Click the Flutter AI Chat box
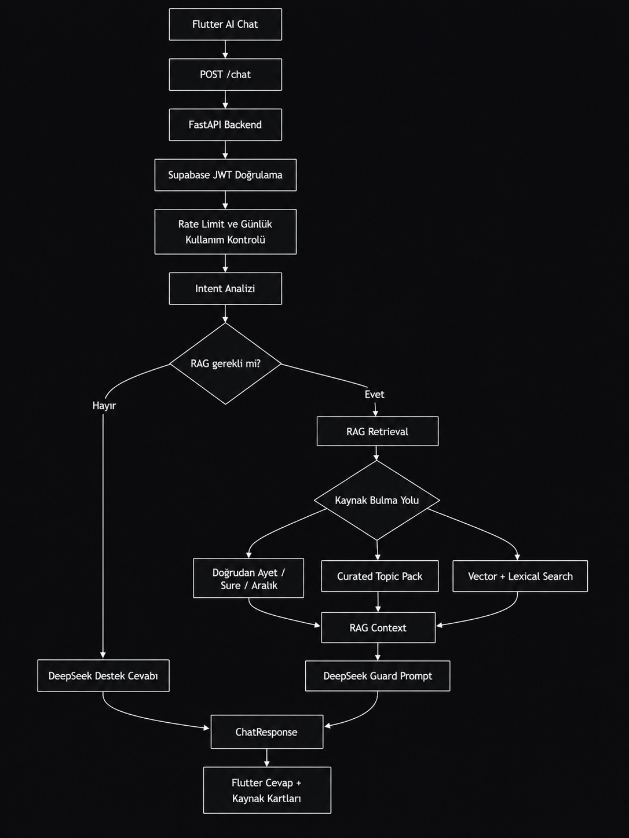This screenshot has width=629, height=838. tap(225, 24)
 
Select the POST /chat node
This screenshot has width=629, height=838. tap(225, 75)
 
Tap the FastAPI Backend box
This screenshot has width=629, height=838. tap(225, 125)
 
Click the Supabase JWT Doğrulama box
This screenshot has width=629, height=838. tap(225, 175)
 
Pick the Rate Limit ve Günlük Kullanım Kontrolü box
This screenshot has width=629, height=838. tap(225, 231)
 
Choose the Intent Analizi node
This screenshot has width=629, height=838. tap(225, 289)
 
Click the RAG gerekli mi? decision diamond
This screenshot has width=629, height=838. tap(225, 363)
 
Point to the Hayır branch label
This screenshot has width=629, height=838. tap(104, 406)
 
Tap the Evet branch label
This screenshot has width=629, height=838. tap(374, 394)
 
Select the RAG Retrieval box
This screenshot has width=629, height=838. tap(377, 431)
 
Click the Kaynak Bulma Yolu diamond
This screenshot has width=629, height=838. tap(377, 500)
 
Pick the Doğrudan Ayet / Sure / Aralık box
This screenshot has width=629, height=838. tap(248, 578)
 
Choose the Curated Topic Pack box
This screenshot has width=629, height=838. tap(379, 576)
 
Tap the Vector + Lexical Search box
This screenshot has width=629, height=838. tap(520, 576)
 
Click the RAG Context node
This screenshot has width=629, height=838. tap(378, 628)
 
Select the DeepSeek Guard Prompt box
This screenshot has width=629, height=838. tap(377, 676)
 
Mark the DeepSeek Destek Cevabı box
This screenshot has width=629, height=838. tap(103, 676)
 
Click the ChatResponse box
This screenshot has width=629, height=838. tap(266, 732)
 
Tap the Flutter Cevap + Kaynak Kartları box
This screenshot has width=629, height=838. tap(266, 791)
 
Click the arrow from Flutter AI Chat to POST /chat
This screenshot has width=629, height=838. tap(225, 49)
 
